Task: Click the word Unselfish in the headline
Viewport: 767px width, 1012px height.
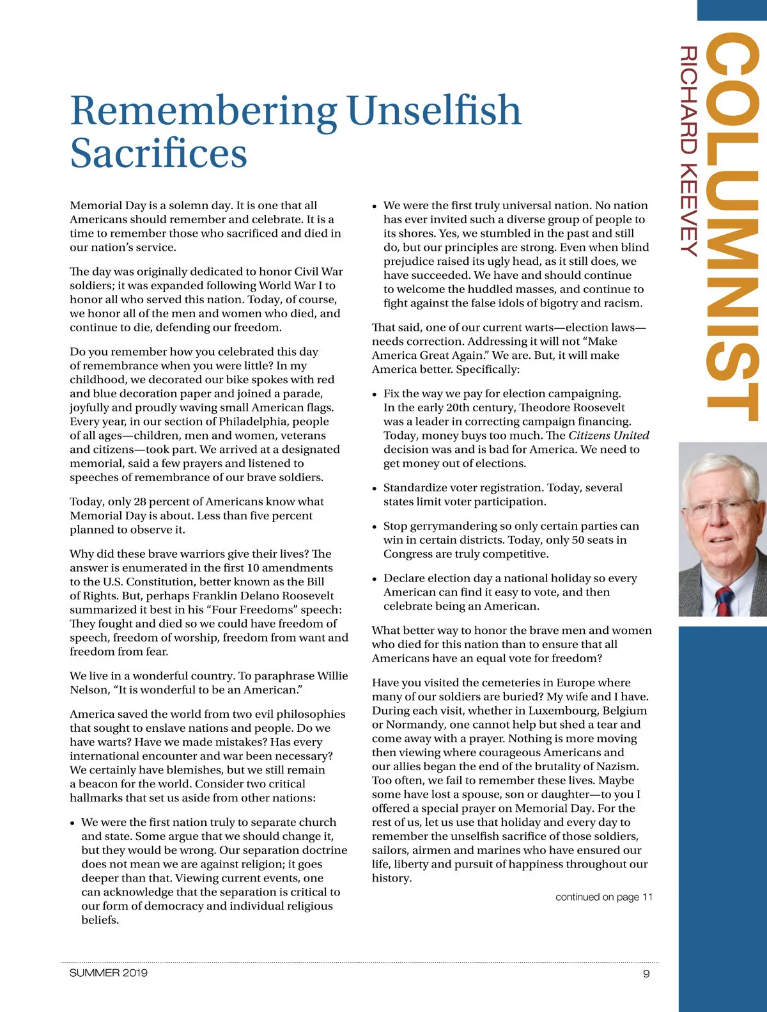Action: tap(434, 110)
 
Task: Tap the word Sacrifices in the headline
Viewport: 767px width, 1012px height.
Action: tap(159, 154)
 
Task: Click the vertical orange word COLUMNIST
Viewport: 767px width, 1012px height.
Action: tap(734, 227)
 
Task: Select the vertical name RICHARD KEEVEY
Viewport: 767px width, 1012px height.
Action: tap(688, 151)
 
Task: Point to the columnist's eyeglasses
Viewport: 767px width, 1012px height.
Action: tap(720, 509)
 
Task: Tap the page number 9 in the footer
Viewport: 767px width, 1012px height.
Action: tap(646, 974)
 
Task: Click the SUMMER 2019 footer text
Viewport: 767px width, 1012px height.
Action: tap(109, 973)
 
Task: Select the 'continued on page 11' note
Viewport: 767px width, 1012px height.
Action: tap(604, 897)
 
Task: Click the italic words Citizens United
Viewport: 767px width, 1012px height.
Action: tap(608, 436)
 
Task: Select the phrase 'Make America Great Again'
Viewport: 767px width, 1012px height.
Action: tap(495, 349)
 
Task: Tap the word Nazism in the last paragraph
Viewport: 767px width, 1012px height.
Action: tap(617, 766)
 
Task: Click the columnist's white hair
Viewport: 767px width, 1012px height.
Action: tap(722, 467)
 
